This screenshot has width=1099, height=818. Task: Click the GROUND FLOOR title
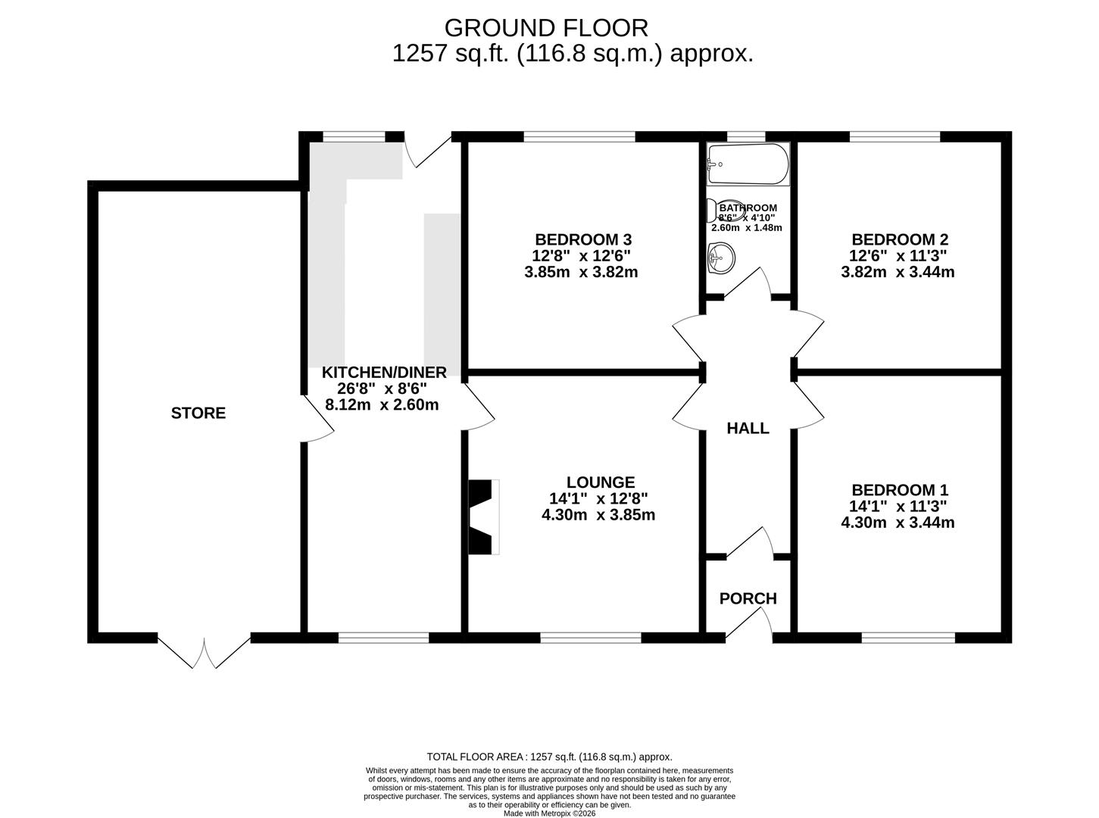[546, 28]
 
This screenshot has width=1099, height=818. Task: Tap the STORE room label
[198, 413]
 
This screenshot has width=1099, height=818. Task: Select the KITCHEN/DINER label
[384, 372]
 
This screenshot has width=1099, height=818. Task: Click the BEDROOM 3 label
[582, 239]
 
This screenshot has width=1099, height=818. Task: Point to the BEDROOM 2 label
[900, 239]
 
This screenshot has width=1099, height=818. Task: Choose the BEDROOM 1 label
[900, 490]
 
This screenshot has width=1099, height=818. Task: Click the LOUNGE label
[601, 482]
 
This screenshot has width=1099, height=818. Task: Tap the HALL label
[748, 428]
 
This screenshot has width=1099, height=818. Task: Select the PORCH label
[748, 598]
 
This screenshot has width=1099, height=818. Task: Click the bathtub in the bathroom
[748, 163]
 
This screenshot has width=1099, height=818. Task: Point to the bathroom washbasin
[720, 259]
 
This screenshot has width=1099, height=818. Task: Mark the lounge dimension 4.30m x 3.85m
[598, 515]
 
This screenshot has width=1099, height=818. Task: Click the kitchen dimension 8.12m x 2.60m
[382, 404]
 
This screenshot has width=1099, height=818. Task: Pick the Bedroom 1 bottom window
[908, 638]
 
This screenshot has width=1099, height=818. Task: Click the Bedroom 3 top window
[579, 137]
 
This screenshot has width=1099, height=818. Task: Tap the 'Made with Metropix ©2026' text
[549, 813]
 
